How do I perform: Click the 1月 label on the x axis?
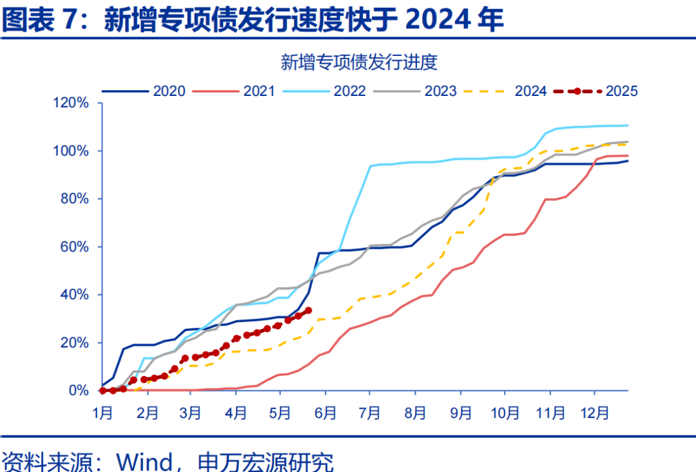(x=103, y=412)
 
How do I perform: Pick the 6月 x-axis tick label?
(x=327, y=412)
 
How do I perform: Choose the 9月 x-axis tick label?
(x=461, y=412)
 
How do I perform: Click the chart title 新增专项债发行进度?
(x=359, y=62)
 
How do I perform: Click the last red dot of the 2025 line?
(x=308, y=310)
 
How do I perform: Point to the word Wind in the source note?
(x=142, y=461)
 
